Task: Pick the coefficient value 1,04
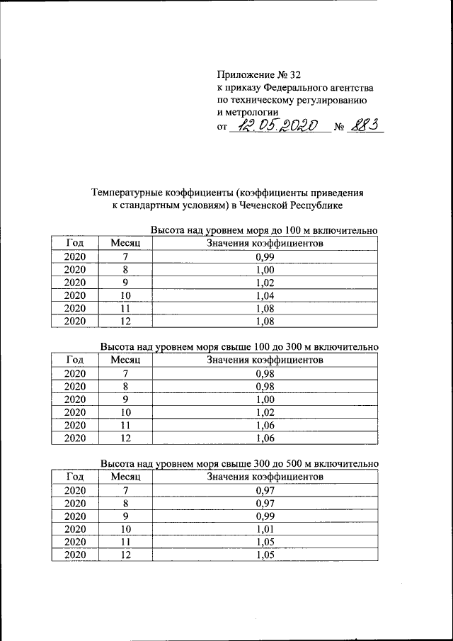pos(265,295)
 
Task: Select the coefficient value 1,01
pos(265,528)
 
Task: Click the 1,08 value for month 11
pos(265,308)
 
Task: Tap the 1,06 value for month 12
pos(265,438)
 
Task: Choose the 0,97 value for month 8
pos(265,503)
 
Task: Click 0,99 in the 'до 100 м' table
pos(265,256)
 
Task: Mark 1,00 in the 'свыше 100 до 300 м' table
pos(265,399)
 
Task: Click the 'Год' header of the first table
pos(75,244)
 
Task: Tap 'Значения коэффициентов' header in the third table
pos(265,477)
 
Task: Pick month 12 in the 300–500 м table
pos(125,555)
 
